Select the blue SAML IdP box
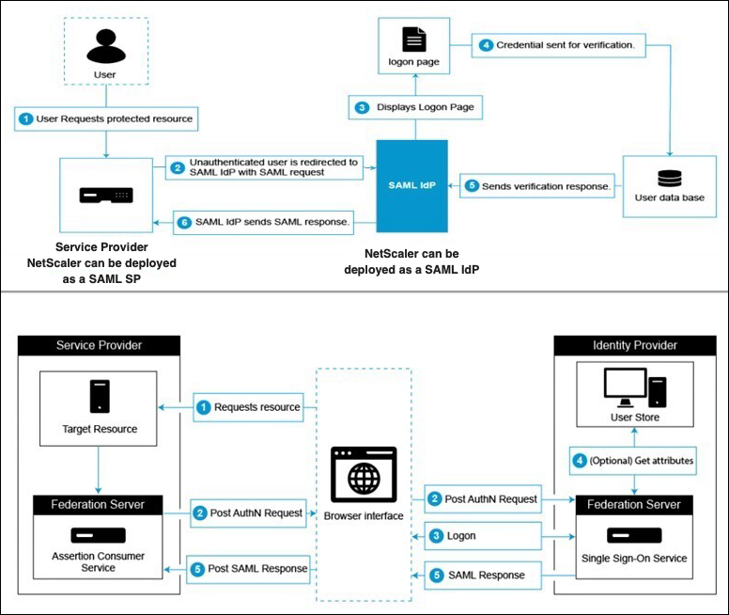pyautogui.click(x=412, y=185)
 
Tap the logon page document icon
pyautogui.click(x=413, y=39)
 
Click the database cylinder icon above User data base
pyautogui.click(x=669, y=177)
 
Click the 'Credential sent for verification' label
pyautogui.click(x=558, y=44)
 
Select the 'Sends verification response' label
pyautogui.click(x=537, y=186)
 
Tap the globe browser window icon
pyautogui.click(x=364, y=474)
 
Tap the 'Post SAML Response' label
pyautogui.click(x=249, y=568)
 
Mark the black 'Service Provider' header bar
pyautogui.click(x=100, y=345)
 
